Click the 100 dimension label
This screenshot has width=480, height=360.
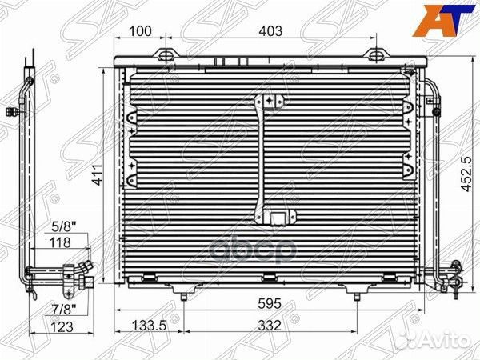140,31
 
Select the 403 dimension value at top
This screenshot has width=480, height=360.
270,31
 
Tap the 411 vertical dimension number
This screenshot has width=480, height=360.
98,174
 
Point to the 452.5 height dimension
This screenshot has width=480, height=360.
467,174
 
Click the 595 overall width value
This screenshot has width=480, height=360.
270,304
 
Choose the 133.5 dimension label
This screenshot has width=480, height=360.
149,326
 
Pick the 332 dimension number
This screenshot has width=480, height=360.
270,326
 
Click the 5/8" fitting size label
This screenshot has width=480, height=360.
63,227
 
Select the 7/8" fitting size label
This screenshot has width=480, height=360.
63,310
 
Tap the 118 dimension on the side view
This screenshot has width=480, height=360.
60,242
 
